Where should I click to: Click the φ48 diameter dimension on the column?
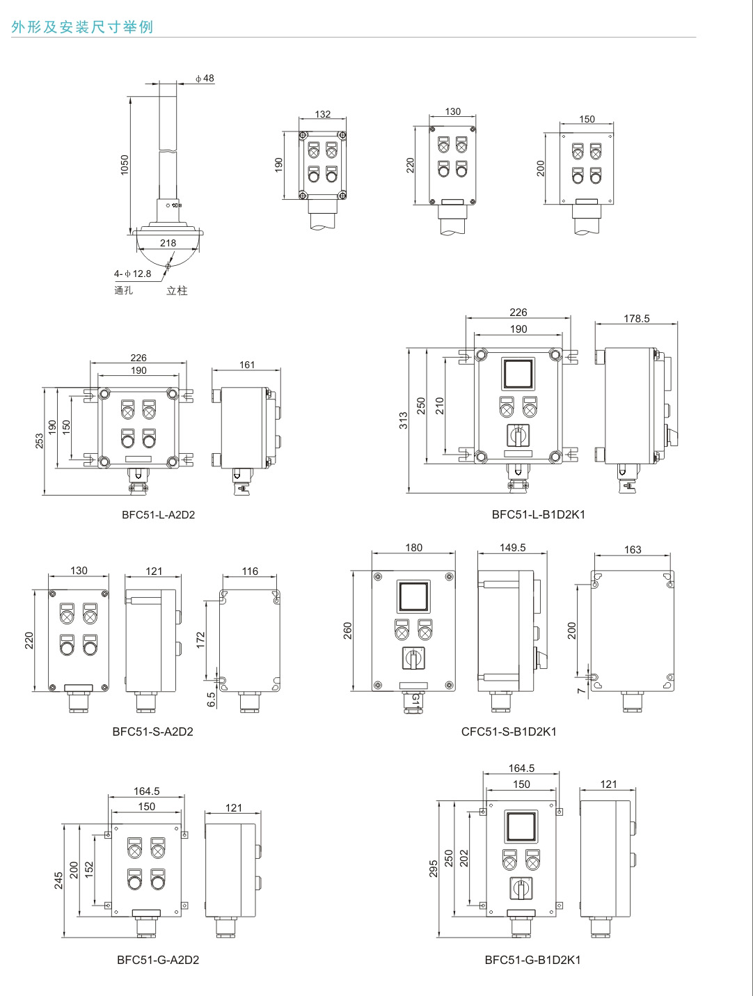pyautogui.click(x=205, y=79)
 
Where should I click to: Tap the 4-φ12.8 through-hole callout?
pyautogui.click(x=132, y=274)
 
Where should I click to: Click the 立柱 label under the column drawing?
pyautogui.click(x=177, y=290)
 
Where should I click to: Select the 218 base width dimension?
pyautogui.click(x=168, y=243)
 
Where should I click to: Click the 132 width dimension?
pyautogui.click(x=323, y=115)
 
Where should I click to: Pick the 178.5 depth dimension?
pyautogui.click(x=636, y=319)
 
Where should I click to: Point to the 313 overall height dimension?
pyautogui.click(x=404, y=420)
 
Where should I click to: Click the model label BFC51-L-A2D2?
pyautogui.click(x=153, y=515)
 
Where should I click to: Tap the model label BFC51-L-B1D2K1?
pyautogui.click(x=538, y=515)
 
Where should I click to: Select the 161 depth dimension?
pyautogui.click(x=247, y=364)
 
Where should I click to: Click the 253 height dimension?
pyautogui.click(x=40, y=441)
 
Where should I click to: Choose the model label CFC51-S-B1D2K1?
pyautogui.click(x=509, y=732)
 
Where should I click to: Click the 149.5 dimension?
pyautogui.click(x=512, y=548)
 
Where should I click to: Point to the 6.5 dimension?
pyautogui.click(x=212, y=699)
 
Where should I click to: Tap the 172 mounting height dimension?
pyautogui.click(x=201, y=640)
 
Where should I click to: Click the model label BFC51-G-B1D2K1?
pyautogui.click(x=532, y=960)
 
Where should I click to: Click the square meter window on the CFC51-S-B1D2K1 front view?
pyautogui.click(x=413, y=597)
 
